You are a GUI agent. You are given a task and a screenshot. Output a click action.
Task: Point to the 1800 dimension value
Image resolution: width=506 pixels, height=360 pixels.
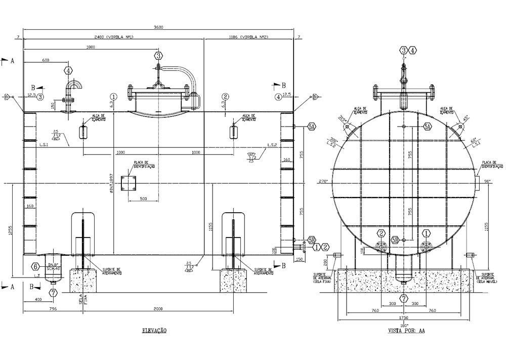pos(91,47)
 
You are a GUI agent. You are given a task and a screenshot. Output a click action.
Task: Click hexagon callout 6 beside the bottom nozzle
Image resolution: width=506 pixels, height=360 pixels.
pos(35,266)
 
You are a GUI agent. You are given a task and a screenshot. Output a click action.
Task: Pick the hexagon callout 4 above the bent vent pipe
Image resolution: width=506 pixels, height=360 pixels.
pos(69,71)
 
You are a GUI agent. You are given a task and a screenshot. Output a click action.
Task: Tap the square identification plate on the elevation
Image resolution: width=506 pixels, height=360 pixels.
pos(129,184)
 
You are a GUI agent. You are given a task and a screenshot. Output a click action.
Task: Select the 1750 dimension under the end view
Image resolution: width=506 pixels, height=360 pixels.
pos(404,317)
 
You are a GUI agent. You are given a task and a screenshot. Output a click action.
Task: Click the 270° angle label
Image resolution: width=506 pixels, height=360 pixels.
pos(323,181)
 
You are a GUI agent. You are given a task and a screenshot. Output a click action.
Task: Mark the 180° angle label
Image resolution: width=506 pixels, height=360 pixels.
pos(404,325)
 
